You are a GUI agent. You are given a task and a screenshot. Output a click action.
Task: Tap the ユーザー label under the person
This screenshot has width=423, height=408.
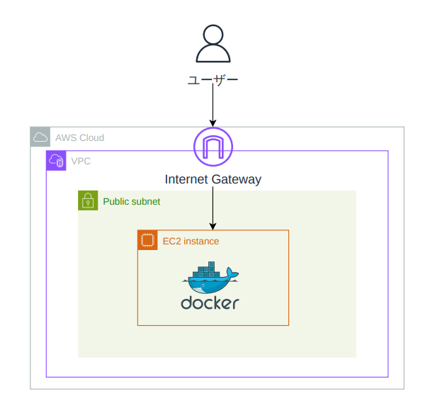(213, 80)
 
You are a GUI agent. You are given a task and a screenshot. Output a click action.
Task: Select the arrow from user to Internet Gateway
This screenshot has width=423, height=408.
(213, 105)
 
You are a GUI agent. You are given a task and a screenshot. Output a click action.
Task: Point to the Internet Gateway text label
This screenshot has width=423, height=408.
(213, 179)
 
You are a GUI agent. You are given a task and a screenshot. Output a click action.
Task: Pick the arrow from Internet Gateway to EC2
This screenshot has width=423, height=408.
(213, 208)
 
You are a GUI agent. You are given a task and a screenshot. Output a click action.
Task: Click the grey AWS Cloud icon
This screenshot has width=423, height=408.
(40, 137)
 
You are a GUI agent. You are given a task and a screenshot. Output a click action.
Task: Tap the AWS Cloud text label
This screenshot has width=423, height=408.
(79, 138)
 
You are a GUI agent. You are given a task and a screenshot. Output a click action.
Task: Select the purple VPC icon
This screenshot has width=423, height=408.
(56, 161)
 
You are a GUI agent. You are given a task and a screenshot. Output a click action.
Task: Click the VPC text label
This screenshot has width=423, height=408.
(81, 161)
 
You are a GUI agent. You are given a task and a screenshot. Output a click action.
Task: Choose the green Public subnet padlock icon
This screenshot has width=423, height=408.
(88, 200)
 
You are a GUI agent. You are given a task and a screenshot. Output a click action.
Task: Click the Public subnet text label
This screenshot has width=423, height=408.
(132, 201)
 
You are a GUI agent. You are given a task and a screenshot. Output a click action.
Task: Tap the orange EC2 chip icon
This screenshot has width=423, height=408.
(147, 240)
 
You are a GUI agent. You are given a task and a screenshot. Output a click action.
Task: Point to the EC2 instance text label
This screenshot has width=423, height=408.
(191, 241)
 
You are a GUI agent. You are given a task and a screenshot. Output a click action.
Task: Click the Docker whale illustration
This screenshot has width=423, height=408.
(210, 277)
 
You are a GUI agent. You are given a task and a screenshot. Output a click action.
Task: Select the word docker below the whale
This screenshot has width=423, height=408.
(210, 303)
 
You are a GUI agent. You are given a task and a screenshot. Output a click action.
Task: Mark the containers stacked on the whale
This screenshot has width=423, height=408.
(206, 269)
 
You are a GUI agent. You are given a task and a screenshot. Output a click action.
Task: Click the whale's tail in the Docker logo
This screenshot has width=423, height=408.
(232, 273)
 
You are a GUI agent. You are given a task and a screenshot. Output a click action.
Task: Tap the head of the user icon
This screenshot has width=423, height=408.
(213, 34)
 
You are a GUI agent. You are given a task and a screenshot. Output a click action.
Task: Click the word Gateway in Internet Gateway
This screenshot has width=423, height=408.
(237, 180)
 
